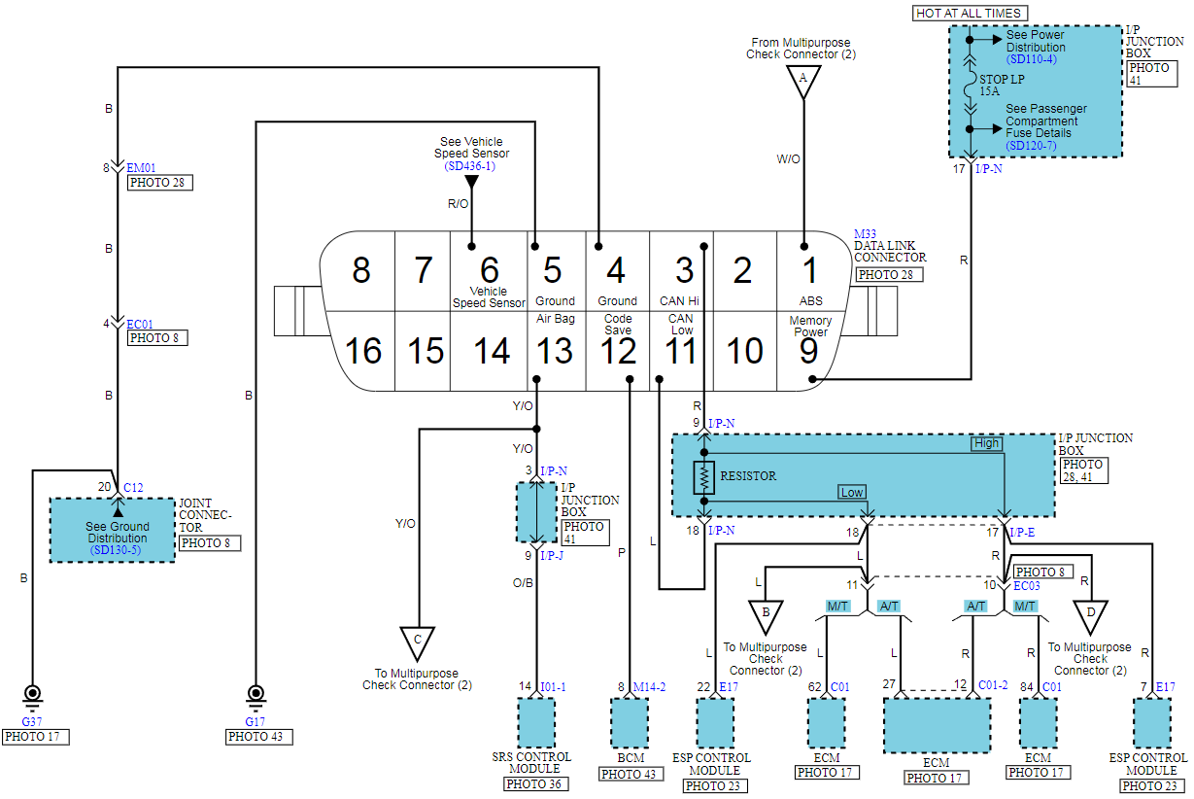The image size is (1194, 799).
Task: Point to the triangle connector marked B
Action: click(x=766, y=616)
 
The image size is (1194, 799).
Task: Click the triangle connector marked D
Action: click(x=1091, y=616)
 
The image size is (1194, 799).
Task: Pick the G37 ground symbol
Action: click(x=32, y=699)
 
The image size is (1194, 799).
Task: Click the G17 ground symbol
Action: click(x=256, y=699)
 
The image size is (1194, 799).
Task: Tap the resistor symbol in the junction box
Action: click(x=703, y=477)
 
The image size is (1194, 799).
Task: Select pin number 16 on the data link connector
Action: click(x=363, y=351)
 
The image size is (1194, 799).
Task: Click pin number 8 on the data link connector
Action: click(x=360, y=270)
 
